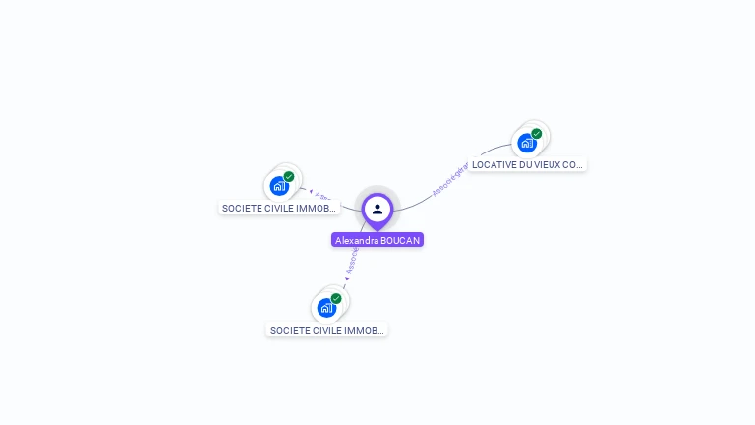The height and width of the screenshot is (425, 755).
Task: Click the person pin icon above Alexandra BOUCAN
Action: click(x=377, y=209)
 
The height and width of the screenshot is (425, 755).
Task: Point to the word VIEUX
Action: click(x=547, y=165)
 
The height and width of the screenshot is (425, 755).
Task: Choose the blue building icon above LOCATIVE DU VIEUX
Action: click(x=527, y=143)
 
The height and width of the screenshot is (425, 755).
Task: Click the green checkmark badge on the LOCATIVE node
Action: click(x=537, y=133)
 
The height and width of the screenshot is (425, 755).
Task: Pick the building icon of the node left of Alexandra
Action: click(x=279, y=185)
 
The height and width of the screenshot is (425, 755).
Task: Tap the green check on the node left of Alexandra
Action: click(x=289, y=176)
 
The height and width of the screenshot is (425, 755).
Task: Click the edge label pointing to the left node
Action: click(x=325, y=196)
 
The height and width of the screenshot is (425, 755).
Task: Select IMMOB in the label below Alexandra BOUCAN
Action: click(x=365, y=331)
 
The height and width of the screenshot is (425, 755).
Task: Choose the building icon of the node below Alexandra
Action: click(x=326, y=307)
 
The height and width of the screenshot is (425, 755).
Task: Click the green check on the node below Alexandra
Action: click(x=336, y=298)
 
